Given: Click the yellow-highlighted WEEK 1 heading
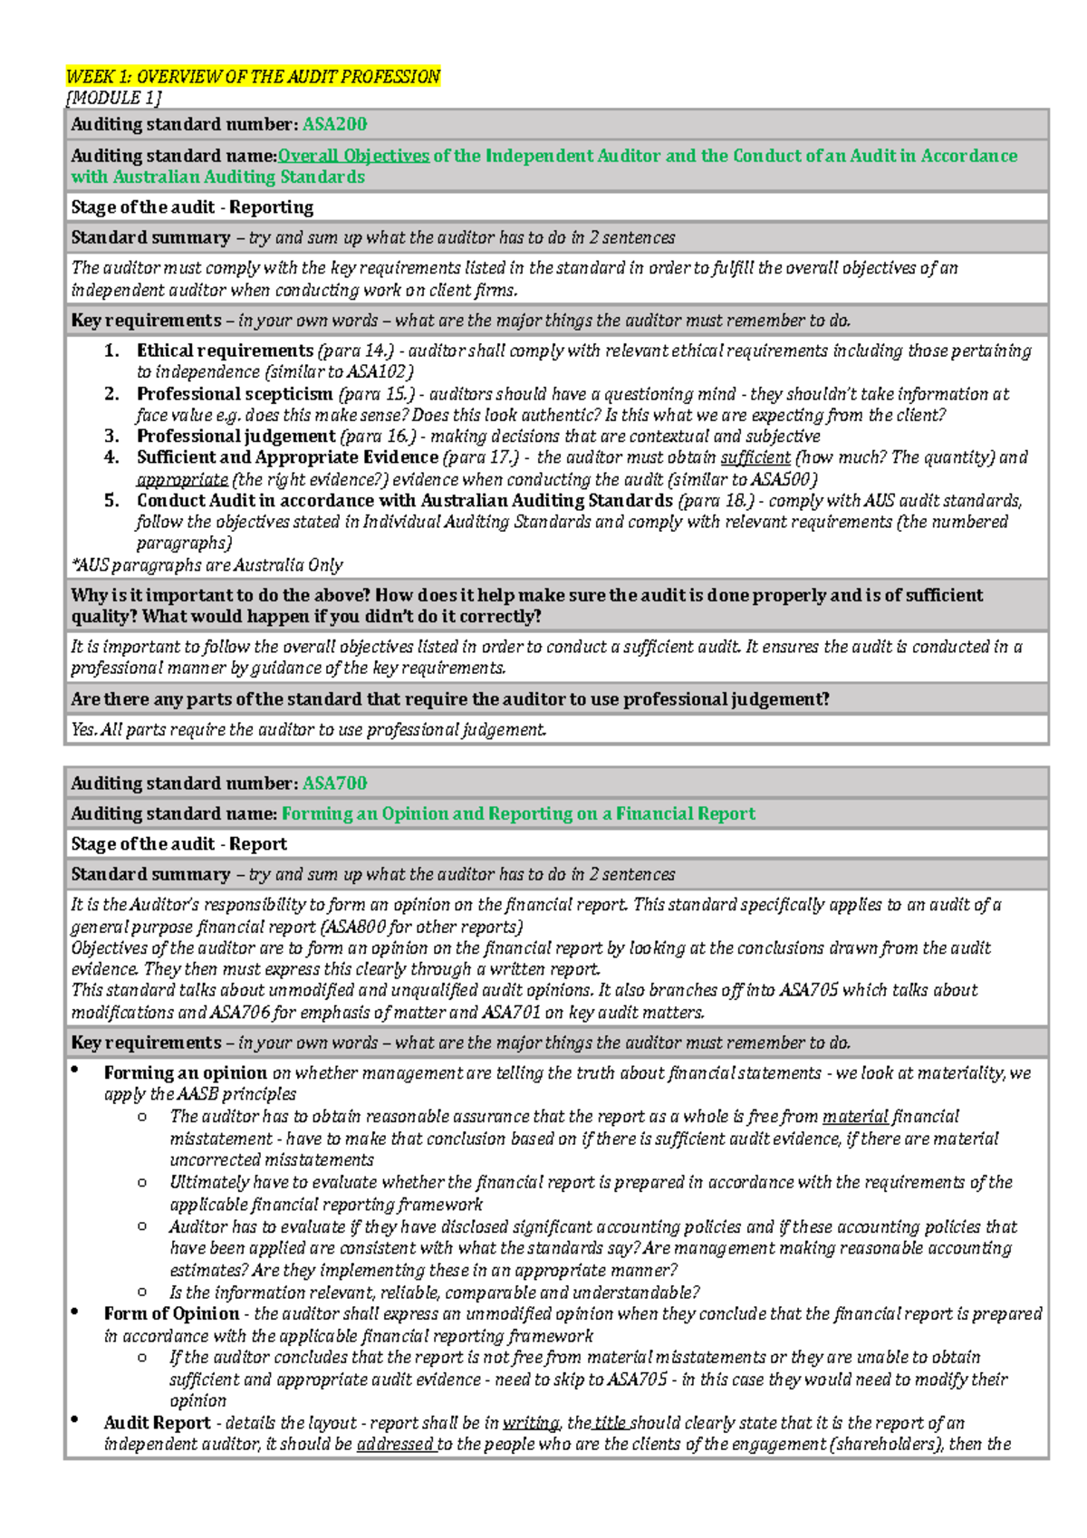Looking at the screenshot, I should click(253, 77).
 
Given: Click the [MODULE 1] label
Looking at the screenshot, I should click(114, 98).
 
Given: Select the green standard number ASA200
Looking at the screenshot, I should click(334, 124).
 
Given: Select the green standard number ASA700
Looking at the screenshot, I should click(334, 783).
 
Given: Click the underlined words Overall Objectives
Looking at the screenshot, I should click(353, 156).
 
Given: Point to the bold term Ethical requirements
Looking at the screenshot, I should click(225, 351).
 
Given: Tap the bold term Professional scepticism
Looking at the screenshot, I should click(235, 394).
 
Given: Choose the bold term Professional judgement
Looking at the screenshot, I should click(236, 437).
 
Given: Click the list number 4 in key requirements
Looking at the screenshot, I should click(111, 457).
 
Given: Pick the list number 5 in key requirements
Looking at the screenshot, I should click(111, 501).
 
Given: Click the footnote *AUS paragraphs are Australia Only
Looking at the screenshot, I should click(207, 565).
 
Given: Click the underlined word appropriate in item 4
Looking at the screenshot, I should click(182, 480).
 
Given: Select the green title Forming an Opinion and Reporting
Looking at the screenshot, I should click(518, 813).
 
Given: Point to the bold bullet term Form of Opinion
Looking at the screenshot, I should click(171, 1314).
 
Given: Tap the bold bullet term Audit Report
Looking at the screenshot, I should click(157, 1423).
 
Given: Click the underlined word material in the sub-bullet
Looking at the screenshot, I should click(855, 1117).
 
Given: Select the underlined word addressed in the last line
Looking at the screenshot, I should click(395, 1445).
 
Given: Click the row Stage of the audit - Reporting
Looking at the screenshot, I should click(192, 207).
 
